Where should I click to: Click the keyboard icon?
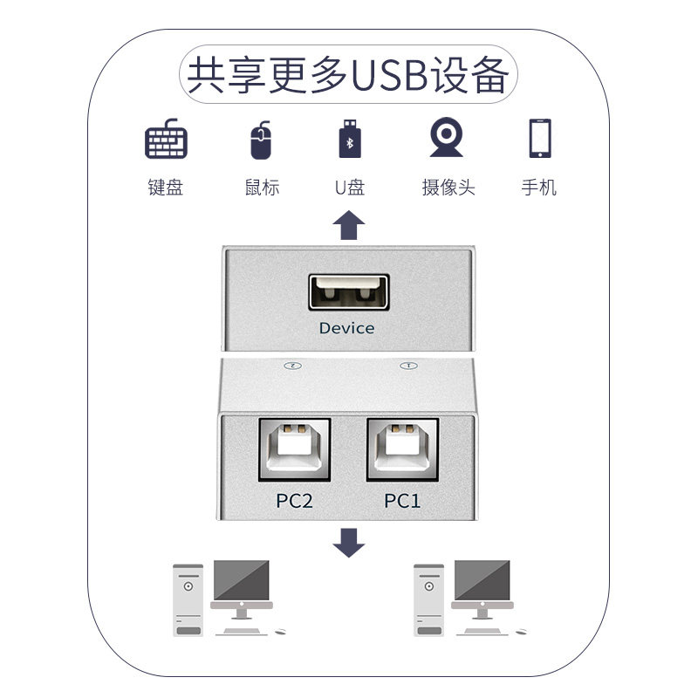167,140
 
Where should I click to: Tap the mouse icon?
260,140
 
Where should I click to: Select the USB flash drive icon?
349,139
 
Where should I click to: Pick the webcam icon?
446,138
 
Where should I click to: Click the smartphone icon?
539,138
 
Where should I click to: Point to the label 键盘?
166,188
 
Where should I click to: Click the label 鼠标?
262,188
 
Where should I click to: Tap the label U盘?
349,188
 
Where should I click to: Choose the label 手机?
538,188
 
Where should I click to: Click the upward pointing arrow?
349,225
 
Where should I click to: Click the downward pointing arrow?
349,542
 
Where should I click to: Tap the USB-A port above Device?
347,291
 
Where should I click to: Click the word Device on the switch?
346,328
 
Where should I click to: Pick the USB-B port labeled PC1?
402,451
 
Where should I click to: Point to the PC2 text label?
294,501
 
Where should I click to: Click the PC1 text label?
402,501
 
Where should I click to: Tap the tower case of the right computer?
428,599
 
